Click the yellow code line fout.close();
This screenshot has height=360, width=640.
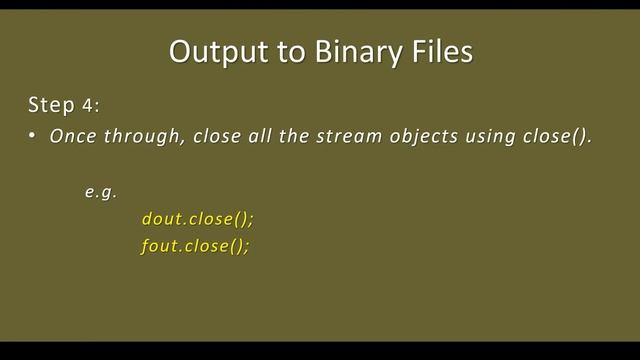point(195,247)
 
